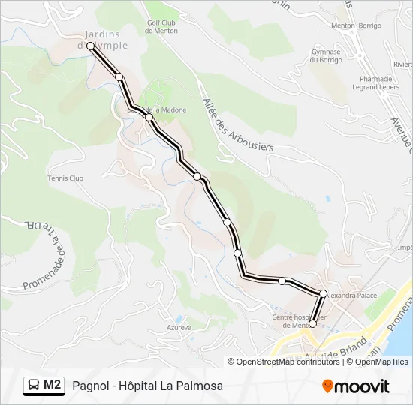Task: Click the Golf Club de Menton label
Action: coord(160,26)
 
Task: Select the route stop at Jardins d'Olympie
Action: coord(90,46)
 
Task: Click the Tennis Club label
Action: coord(65,178)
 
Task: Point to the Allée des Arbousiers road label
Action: coord(236,126)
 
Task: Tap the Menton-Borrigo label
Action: coord(357,25)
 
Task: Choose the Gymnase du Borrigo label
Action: coord(327,57)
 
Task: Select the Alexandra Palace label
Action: coord(352,295)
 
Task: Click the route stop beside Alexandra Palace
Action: coord(323,293)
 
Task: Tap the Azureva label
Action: coord(179,328)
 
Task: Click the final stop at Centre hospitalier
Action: coord(312,324)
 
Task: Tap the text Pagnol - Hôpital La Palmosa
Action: coord(148,385)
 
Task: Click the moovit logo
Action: coord(356,386)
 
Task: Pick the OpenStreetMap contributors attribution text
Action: coord(284,361)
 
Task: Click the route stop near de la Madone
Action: coord(149,118)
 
